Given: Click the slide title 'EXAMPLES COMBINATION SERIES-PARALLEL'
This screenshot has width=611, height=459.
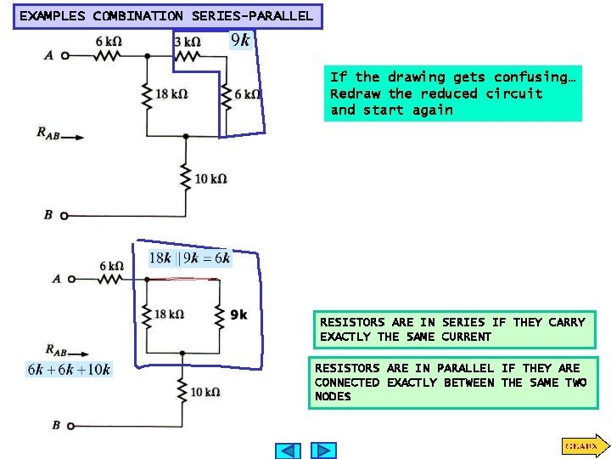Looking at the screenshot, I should [166, 15].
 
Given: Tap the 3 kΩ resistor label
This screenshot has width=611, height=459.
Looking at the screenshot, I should [187, 41].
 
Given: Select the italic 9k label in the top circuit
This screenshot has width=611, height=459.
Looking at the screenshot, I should [240, 40].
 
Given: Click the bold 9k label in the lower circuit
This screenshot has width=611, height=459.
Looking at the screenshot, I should [238, 314].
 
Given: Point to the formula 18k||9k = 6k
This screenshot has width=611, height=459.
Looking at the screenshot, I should [189, 258].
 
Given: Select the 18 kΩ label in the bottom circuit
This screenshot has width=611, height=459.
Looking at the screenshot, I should [170, 314].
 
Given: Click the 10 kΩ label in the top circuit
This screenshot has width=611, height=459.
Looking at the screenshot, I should [210, 178].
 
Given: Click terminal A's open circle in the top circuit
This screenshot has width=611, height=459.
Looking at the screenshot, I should [64, 56].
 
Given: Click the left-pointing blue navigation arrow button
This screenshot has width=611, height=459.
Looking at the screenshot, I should [289, 450].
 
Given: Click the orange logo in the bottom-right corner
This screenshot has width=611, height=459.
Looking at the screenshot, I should [581, 445].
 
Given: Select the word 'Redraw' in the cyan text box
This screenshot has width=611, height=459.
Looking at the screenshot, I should [355, 93].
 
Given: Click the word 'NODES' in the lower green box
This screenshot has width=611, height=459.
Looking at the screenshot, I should [333, 397].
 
